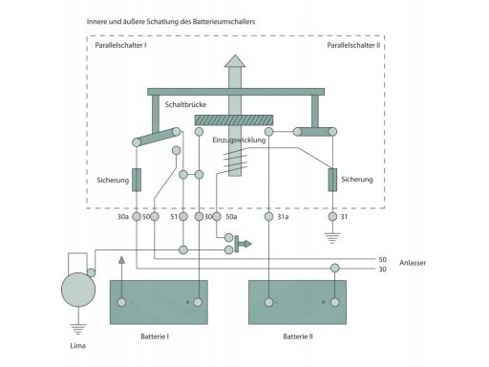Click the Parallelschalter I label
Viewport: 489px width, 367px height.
pos(120,45)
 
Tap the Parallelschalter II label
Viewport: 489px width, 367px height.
pos(353,45)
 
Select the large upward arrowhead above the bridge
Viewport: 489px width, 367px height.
pos(235,61)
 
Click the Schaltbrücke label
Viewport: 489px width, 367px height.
pos(185,104)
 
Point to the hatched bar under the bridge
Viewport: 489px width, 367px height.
pos(234,119)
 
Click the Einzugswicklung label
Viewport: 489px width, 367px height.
pos(239,140)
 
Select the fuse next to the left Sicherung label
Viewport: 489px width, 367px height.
pos(137,180)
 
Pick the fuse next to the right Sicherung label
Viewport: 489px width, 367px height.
pos(332,180)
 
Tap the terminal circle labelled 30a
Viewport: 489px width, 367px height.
pos(137,217)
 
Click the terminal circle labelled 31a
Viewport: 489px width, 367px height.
pos(269,217)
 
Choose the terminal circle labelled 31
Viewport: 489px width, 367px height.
pos(332,217)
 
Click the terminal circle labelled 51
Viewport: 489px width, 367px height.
pos(183,217)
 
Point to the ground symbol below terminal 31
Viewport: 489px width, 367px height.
pos(332,238)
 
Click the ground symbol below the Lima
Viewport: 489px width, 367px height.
pos(78,329)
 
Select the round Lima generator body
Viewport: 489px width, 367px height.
pos(78,290)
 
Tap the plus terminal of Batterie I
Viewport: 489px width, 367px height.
pos(198,302)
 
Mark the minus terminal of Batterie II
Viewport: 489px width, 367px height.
pos(269,302)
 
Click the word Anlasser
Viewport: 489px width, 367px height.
pos(413,263)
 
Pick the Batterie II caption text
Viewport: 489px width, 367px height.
pos(298,336)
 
